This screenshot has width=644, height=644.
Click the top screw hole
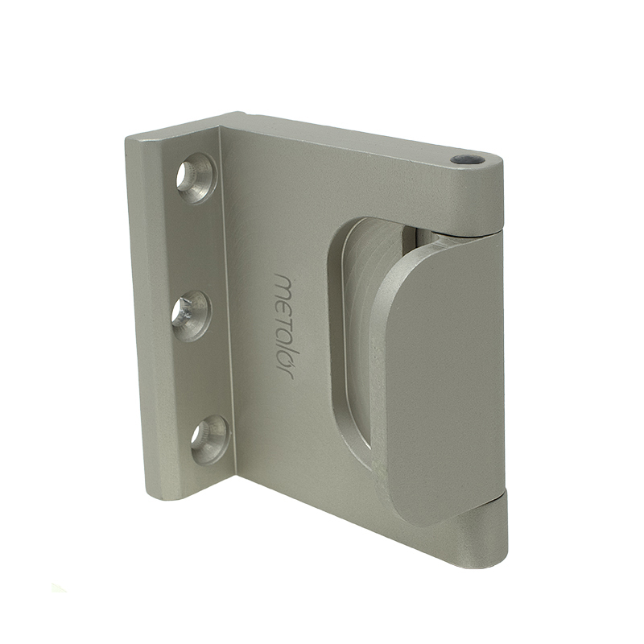(196, 178)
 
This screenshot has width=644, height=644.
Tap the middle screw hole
(192, 314)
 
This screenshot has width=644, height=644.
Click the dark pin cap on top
(467, 159)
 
